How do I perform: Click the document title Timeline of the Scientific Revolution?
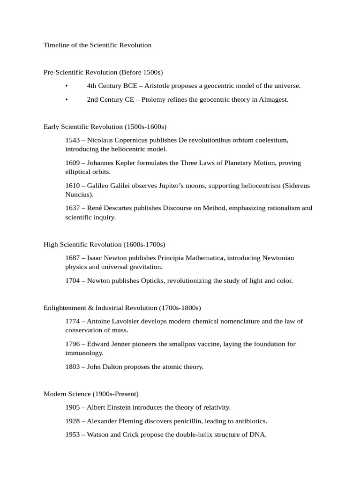click(x=97, y=45)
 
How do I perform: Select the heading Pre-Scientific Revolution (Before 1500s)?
click(x=103, y=72)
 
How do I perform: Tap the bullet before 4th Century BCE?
click(x=67, y=86)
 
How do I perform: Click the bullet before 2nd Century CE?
click(x=67, y=99)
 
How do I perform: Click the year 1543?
click(x=73, y=140)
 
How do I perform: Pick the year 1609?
click(x=73, y=163)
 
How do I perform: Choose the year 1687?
click(x=73, y=258)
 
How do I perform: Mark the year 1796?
click(x=73, y=344)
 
